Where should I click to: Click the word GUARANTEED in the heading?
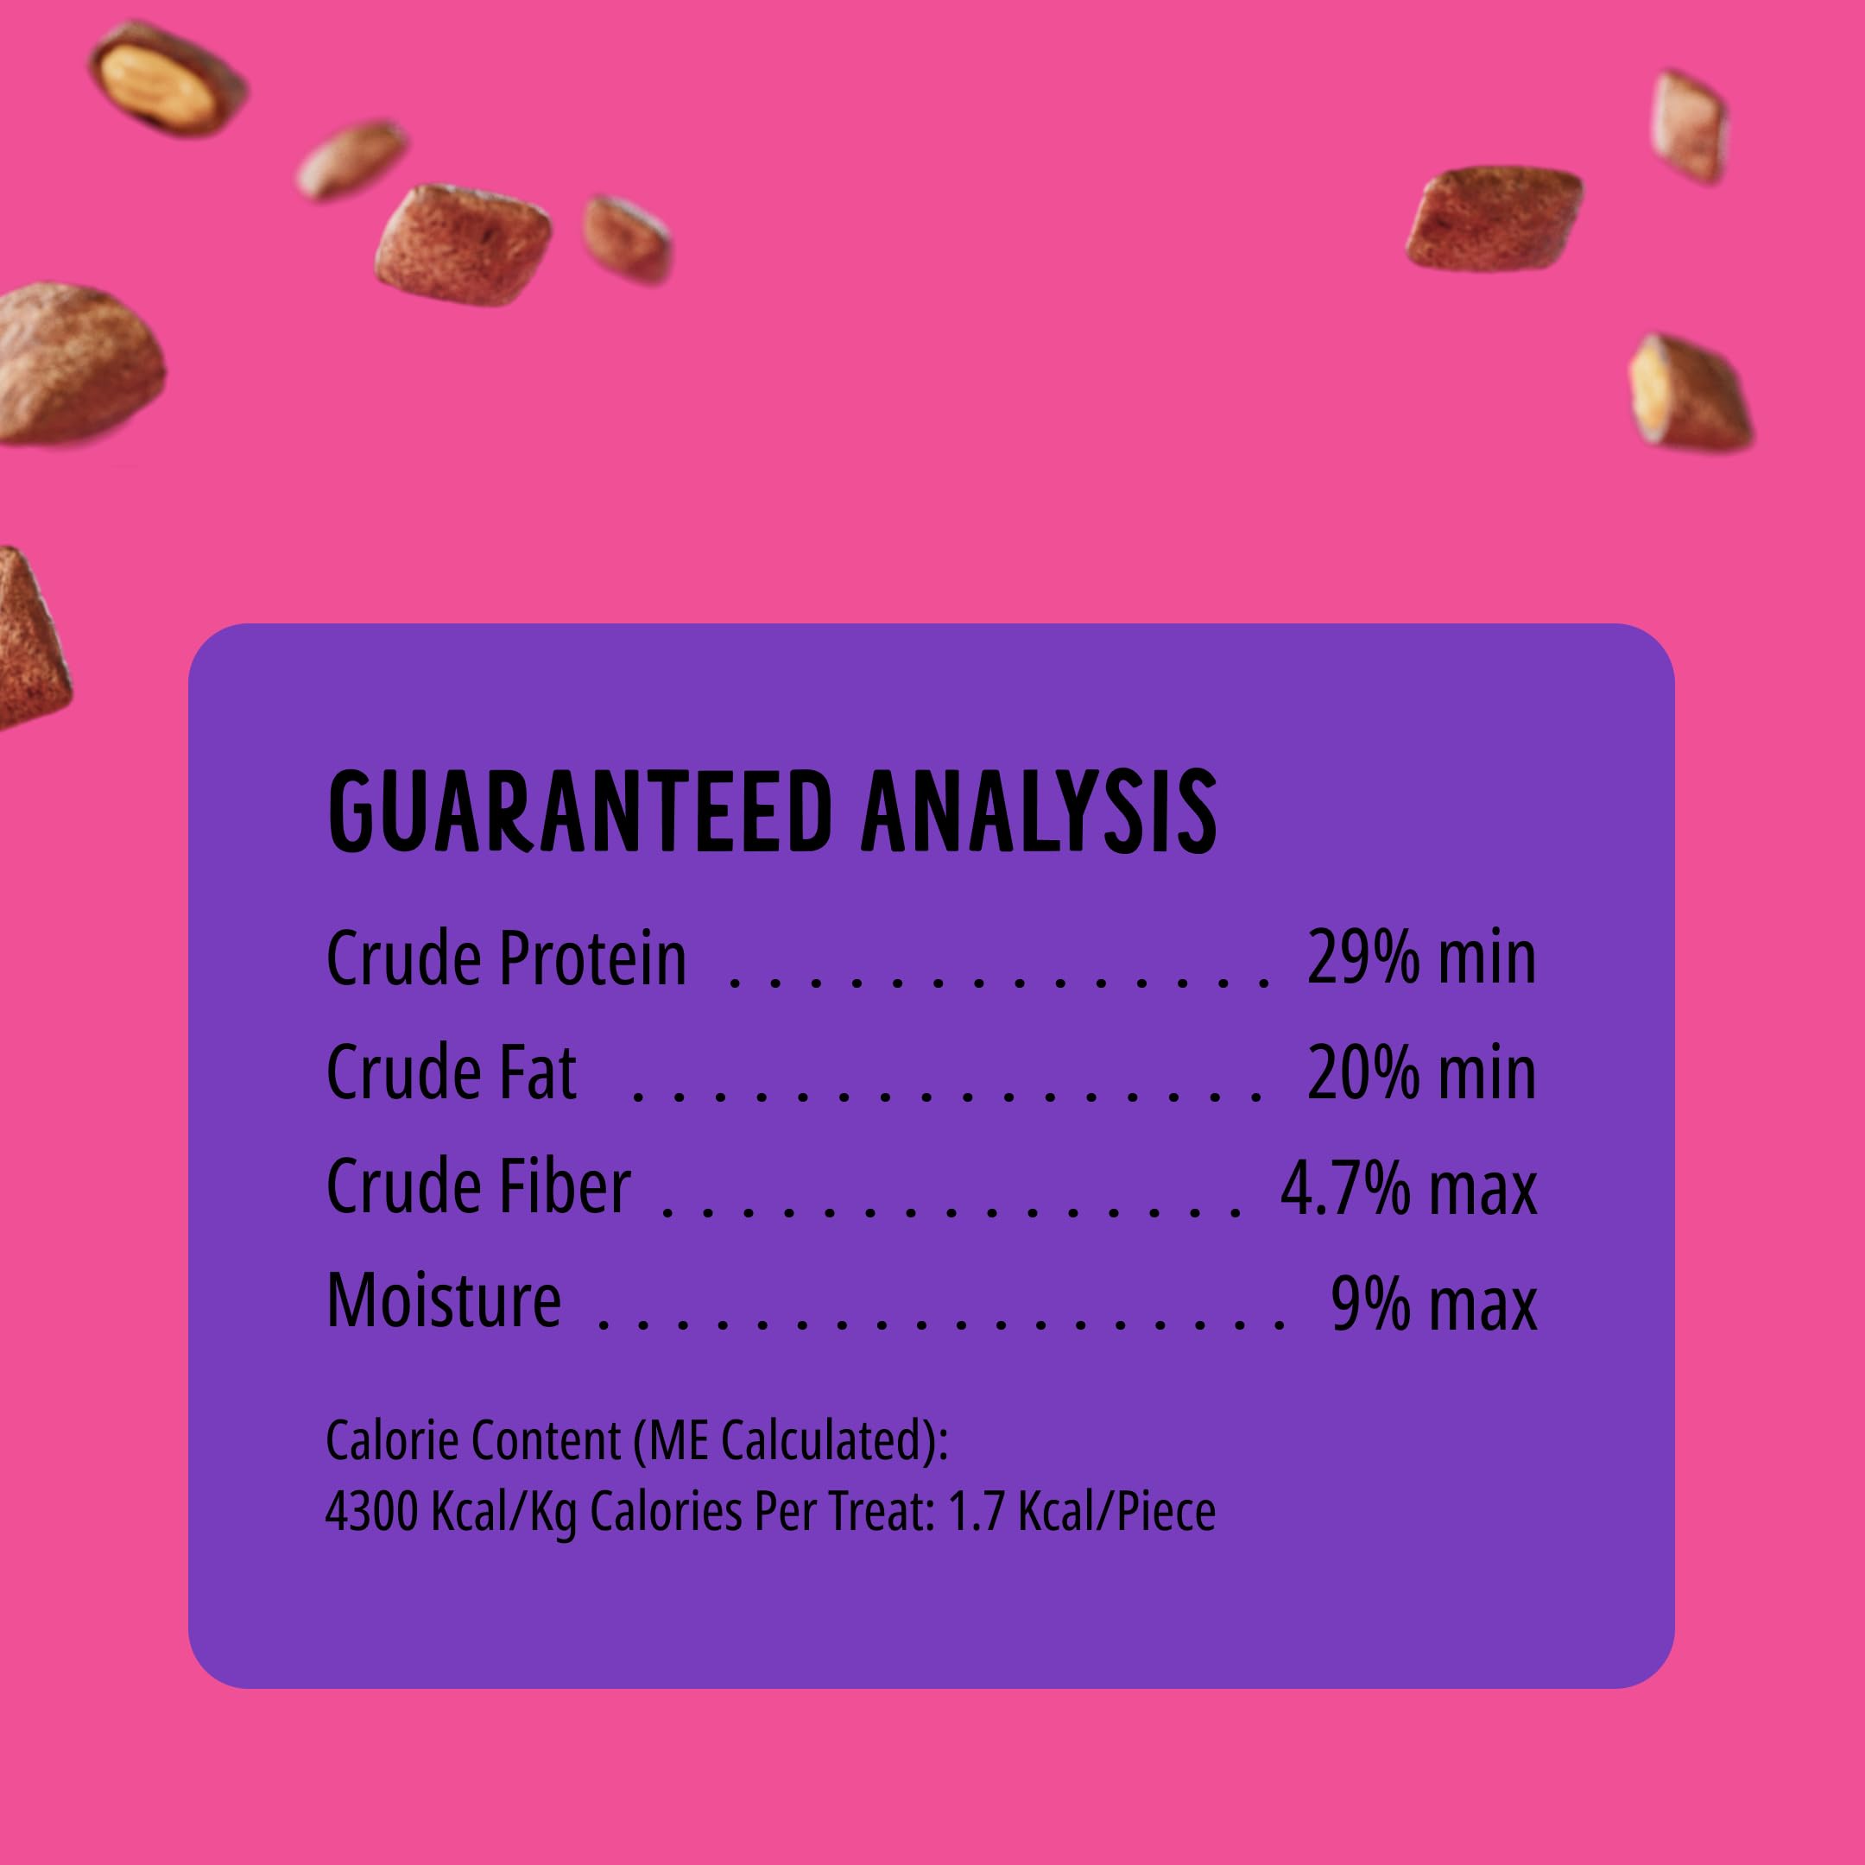[x=578, y=812]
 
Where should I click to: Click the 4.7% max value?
[x=1407, y=1187]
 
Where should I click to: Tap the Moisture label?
[x=444, y=1299]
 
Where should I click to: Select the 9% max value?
[x=1432, y=1301]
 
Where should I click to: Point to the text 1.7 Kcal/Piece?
[x=1081, y=1512]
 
